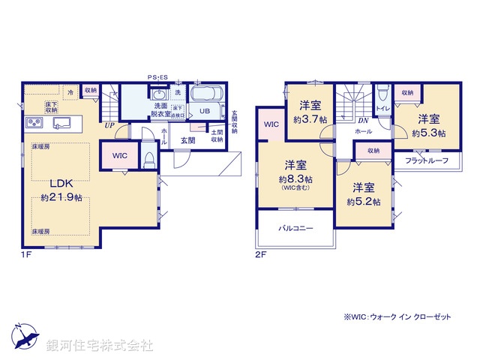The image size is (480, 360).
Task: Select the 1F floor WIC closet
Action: point(119,156)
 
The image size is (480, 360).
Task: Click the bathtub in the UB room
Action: point(204,96)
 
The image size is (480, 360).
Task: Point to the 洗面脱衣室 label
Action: point(161,110)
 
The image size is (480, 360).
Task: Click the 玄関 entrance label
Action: point(187,139)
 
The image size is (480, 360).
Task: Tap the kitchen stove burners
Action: point(35,122)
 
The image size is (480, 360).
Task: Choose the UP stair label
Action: point(109,125)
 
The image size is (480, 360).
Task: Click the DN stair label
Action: point(363,120)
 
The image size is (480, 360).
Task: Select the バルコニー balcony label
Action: point(295,226)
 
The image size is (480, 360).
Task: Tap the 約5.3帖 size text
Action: point(428,133)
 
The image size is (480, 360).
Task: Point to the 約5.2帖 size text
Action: point(363,202)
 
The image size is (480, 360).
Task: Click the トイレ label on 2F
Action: point(382,109)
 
